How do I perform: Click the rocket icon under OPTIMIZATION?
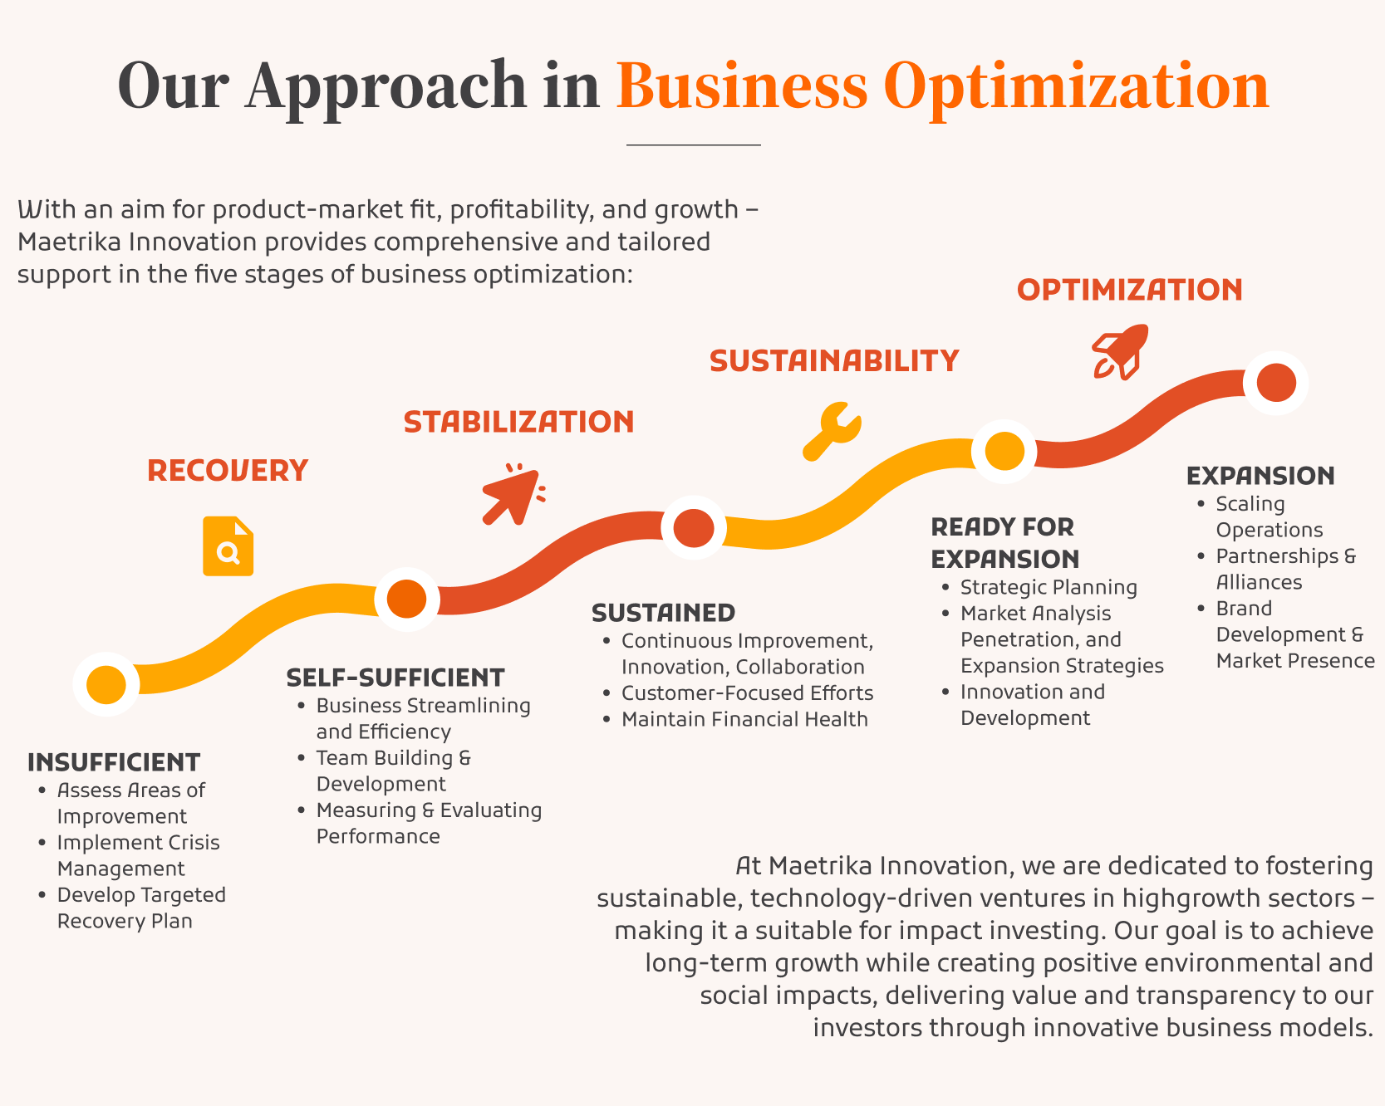[1120, 352]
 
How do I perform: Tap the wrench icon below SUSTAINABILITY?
[832, 431]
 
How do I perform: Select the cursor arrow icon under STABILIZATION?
[513, 494]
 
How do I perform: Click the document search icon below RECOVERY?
[228, 546]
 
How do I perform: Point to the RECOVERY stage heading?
[228, 471]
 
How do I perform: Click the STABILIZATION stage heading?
[519, 422]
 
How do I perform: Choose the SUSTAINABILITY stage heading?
[834, 361]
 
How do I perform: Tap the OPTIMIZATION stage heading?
[1130, 290]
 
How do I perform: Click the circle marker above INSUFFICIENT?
[106, 684]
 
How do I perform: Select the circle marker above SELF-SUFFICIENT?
[407, 599]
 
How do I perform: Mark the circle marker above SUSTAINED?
[694, 527]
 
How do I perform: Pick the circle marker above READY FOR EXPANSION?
[1004, 452]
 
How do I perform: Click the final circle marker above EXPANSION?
[1276, 383]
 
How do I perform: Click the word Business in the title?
[742, 86]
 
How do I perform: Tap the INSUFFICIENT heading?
[114, 762]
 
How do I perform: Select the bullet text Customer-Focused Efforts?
[748, 692]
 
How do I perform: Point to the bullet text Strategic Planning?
[1049, 587]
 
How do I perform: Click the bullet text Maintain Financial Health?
[744, 719]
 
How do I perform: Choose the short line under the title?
[693, 145]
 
